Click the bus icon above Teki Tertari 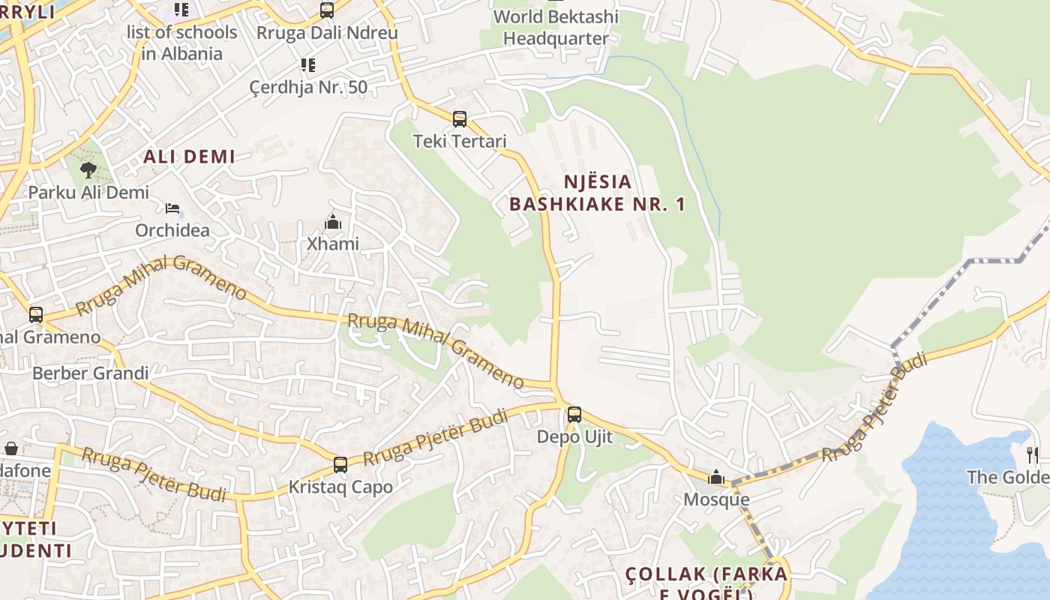click(x=460, y=119)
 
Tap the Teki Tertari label click(x=460, y=141)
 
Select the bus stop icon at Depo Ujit click(x=574, y=415)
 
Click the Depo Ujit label click(x=574, y=436)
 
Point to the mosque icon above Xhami click(x=333, y=222)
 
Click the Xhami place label click(x=333, y=244)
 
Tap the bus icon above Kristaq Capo click(x=340, y=465)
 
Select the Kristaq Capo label click(x=340, y=487)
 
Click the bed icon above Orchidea click(x=172, y=208)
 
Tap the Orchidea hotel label click(x=172, y=229)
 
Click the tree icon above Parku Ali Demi click(x=88, y=170)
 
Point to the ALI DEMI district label click(x=189, y=157)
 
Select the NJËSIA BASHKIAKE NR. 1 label click(x=598, y=193)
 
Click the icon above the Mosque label click(x=716, y=477)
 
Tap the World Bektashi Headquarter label click(x=556, y=27)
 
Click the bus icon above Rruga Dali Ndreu click(x=326, y=10)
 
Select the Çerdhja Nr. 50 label click(x=308, y=87)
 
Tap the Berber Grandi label click(x=91, y=373)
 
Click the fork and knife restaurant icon click(x=1033, y=454)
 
